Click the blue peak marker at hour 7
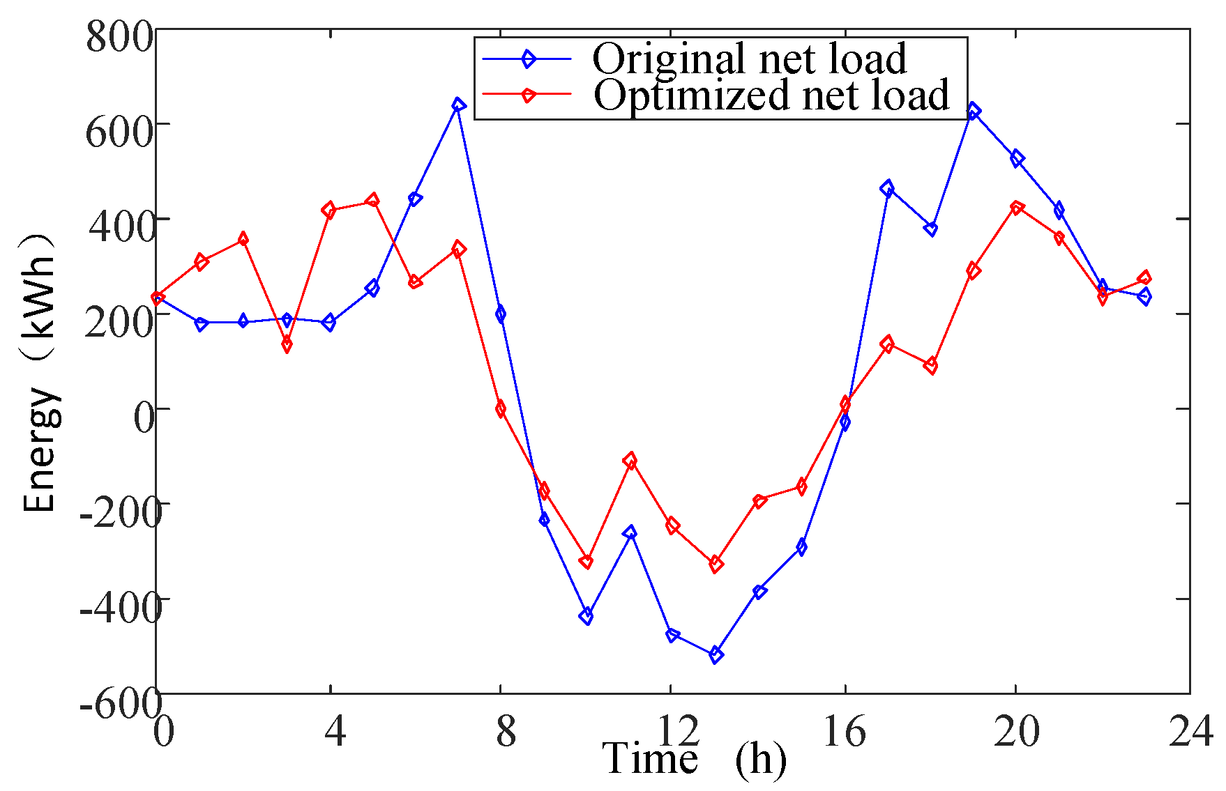(x=458, y=105)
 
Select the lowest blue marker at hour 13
(x=716, y=654)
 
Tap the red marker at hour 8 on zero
(x=501, y=409)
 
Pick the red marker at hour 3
(x=287, y=344)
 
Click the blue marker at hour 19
(x=974, y=112)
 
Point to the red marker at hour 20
(x=1017, y=208)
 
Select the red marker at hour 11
(x=630, y=461)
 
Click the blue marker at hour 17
(x=887, y=188)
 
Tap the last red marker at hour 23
(x=1144, y=278)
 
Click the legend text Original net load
(x=749, y=59)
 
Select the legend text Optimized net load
(x=771, y=95)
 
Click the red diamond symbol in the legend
(x=528, y=95)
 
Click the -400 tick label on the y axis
(x=120, y=608)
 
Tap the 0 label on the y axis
(x=144, y=417)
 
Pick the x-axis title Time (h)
(x=694, y=759)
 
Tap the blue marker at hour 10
(x=586, y=616)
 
